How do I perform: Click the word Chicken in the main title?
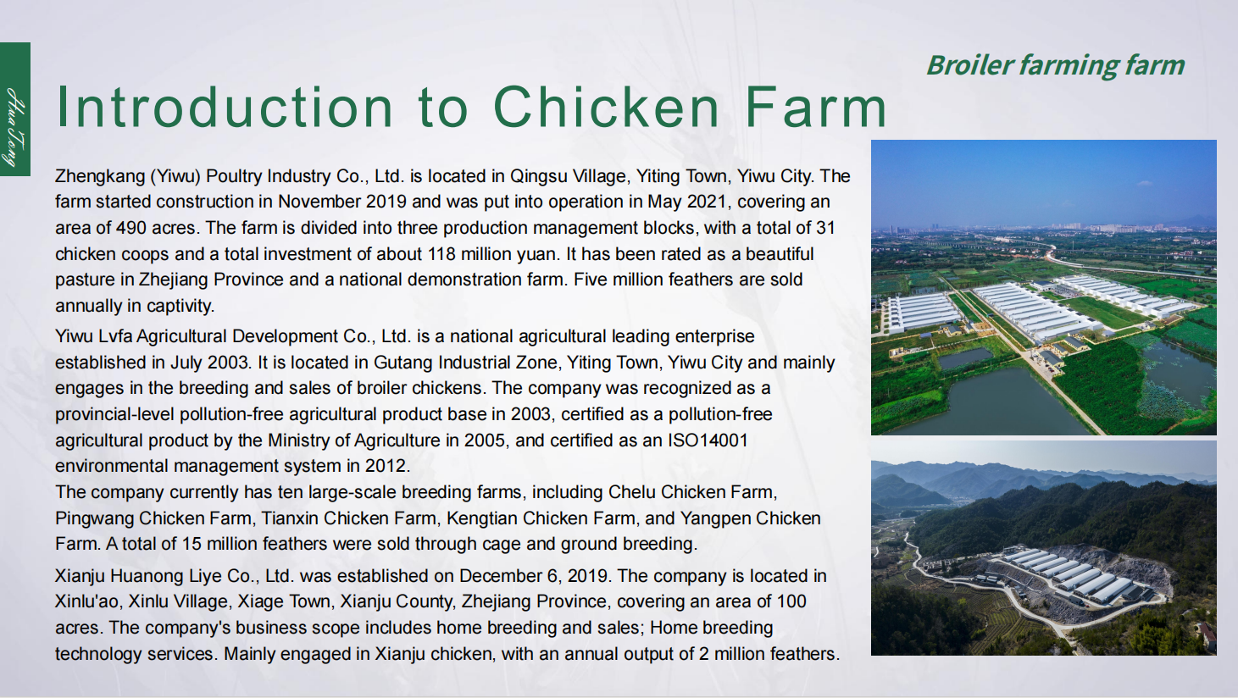pyautogui.click(x=606, y=108)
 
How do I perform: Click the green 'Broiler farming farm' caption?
pyautogui.click(x=1055, y=65)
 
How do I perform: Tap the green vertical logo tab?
pyautogui.click(x=15, y=109)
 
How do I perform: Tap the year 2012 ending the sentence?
pyautogui.click(x=387, y=466)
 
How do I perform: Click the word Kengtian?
pyautogui.click(x=484, y=518)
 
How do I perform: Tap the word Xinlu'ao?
pyautogui.click(x=90, y=601)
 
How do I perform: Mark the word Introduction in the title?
pyautogui.click(x=225, y=108)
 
